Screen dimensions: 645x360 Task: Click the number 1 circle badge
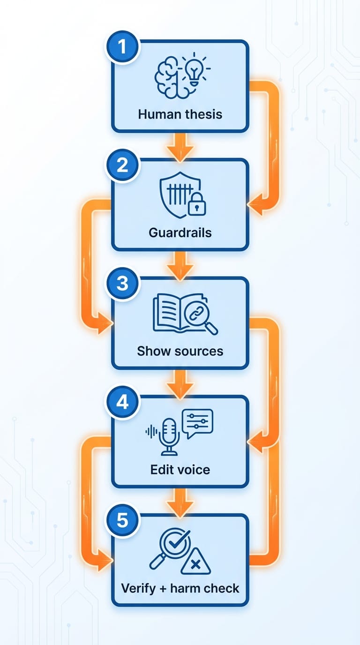pos(122,47)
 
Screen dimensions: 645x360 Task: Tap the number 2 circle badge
pos(122,166)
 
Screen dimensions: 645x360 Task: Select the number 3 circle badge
pos(122,284)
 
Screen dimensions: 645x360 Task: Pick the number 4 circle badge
pos(122,402)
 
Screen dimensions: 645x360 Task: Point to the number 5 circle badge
pos(122,520)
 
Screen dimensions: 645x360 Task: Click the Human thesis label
pos(180,114)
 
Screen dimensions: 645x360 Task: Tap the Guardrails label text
pos(180,232)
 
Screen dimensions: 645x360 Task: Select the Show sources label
pos(180,351)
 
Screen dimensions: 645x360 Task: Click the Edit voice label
pos(180,469)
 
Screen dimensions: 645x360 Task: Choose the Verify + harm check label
pos(180,588)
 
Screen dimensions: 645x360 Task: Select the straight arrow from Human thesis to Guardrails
pos(180,146)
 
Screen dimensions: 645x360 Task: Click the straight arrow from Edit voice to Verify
pos(180,501)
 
